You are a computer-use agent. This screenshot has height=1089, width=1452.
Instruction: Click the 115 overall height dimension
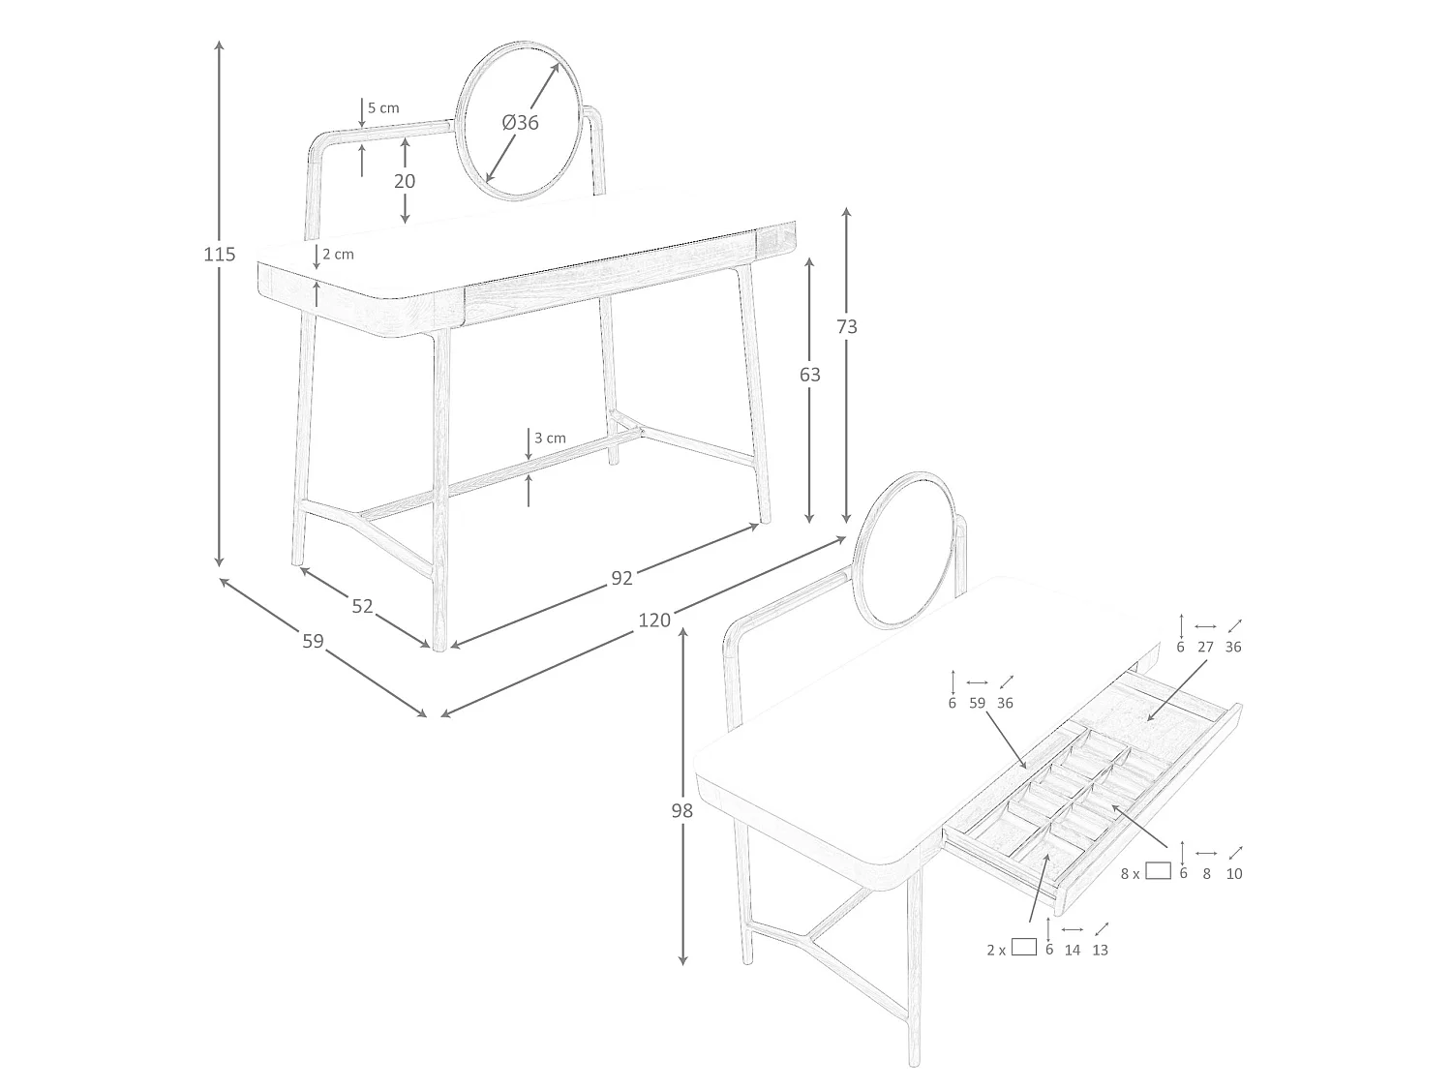pyautogui.click(x=220, y=254)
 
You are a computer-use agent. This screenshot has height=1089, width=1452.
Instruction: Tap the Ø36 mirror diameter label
pyautogui.click(x=520, y=122)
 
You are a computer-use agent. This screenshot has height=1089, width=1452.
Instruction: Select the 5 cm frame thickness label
pyautogui.click(x=383, y=107)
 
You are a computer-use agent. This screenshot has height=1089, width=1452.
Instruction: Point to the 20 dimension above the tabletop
pyautogui.click(x=405, y=181)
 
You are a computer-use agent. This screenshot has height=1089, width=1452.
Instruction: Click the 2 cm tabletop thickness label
pyautogui.click(x=339, y=254)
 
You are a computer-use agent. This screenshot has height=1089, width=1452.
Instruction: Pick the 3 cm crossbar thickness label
pyautogui.click(x=551, y=438)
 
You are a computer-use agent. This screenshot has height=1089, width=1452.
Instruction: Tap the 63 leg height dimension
pyautogui.click(x=809, y=375)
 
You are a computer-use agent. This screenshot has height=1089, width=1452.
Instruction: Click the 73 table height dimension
pyautogui.click(x=847, y=326)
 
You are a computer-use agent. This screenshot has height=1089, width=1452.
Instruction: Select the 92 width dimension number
pyautogui.click(x=621, y=579)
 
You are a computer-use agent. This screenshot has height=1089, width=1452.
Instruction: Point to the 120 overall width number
pyautogui.click(x=654, y=620)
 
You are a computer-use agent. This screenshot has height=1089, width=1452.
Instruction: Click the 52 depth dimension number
pyautogui.click(x=362, y=606)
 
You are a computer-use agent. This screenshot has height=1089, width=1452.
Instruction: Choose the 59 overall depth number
pyautogui.click(x=313, y=641)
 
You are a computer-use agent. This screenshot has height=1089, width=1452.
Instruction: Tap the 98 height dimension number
pyautogui.click(x=682, y=810)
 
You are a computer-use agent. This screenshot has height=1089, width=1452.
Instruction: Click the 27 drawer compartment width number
pyautogui.click(x=1205, y=648)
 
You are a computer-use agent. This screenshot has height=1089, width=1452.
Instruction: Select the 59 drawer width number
pyautogui.click(x=977, y=704)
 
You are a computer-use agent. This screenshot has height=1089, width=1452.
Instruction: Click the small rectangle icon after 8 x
pyautogui.click(x=1158, y=871)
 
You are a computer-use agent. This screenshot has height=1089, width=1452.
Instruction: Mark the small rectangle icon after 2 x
pyautogui.click(x=1024, y=947)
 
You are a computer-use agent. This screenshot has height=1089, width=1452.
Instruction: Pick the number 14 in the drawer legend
pyautogui.click(x=1073, y=951)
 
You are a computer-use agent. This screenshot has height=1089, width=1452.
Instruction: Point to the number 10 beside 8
pyautogui.click(x=1234, y=874)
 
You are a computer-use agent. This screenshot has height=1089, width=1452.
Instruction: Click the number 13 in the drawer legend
pyautogui.click(x=1100, y=951)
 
